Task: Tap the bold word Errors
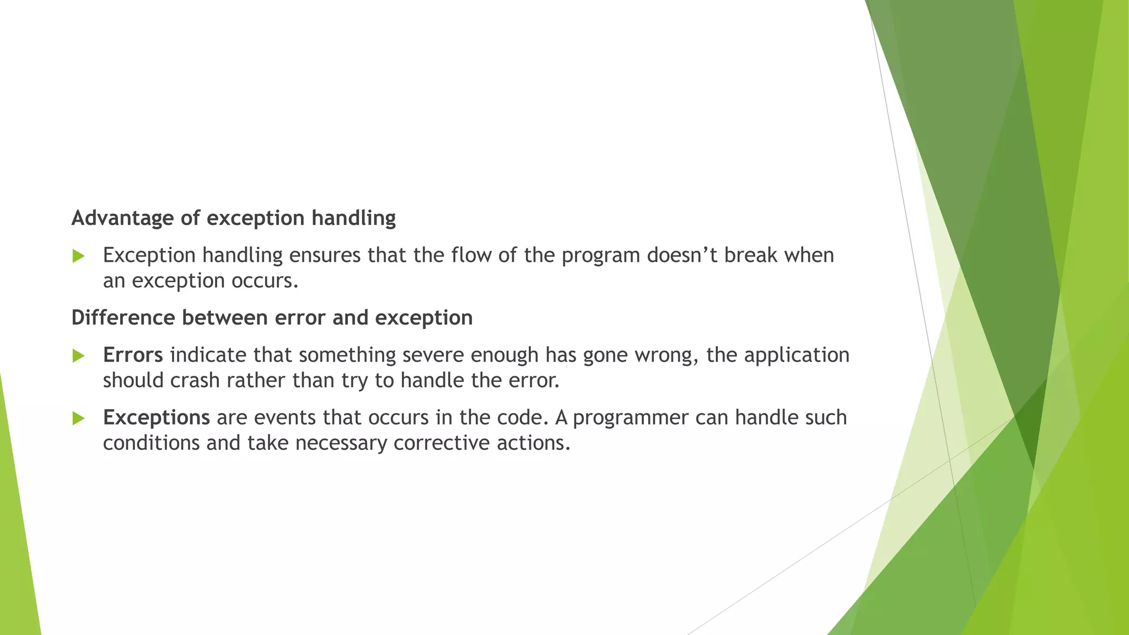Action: [133, 355]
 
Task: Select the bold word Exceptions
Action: [156, 418]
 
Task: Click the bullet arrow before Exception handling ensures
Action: [78, 256]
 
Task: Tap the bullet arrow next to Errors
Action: [78, 356]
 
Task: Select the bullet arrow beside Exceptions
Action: [78, 419]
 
